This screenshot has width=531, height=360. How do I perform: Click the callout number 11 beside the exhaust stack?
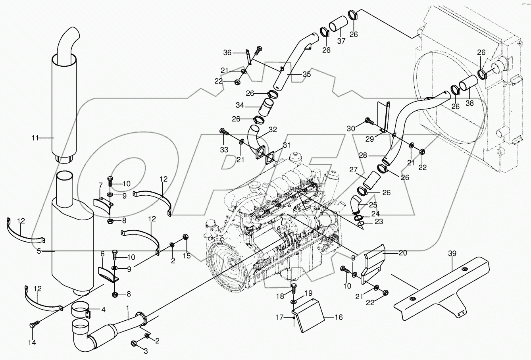point(36,138)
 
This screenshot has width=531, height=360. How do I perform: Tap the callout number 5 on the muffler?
point(39,251)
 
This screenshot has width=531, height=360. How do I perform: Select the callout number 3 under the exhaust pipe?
point(145,351)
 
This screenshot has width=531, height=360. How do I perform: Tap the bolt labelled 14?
point(33,325)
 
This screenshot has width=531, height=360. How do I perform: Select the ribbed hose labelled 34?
point(266,106)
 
